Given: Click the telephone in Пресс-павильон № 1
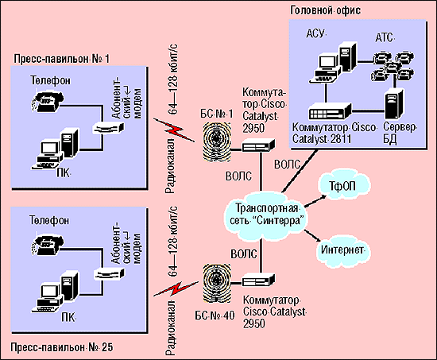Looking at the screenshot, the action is click(x=47, y=100).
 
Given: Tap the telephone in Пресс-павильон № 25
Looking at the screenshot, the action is click(x=47, y=244).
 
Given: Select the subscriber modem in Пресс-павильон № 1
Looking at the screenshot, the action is click(x=108, y=127).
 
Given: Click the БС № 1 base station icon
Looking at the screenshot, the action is click(x=217, y=141).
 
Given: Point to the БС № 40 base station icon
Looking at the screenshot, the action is click(x=217, y=284).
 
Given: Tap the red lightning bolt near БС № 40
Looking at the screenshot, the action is click(x=176, y=288).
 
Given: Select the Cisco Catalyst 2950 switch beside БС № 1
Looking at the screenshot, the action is click(x=258, y=145).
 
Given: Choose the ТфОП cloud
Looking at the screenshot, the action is click(x=343, y=185).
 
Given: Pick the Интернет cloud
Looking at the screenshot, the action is click(x=342, y=250).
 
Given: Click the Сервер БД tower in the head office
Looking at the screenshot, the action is click(x=393, y=104).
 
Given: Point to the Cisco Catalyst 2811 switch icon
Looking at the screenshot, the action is click(x=331, y=111).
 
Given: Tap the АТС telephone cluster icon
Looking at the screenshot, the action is click(x=392, y=66).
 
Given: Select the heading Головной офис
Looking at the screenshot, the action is click(x=325, y=10).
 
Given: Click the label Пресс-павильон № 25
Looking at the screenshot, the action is click(x=62, y=347).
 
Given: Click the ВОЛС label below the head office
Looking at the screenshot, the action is click(x=287, y=165).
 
